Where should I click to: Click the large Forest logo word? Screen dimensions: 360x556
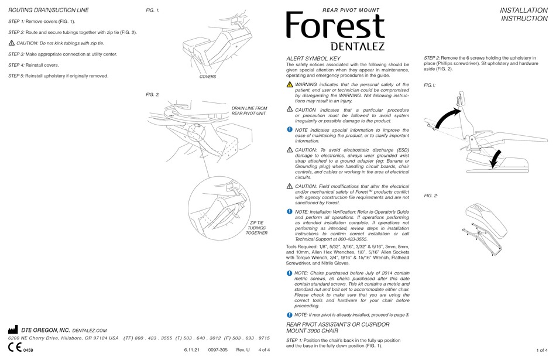(x=335, y=27)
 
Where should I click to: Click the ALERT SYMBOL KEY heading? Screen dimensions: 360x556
(x=312, y=59)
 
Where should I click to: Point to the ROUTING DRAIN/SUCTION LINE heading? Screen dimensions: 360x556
(x=49, y=11)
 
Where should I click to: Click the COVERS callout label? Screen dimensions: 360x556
(x=208, y=77)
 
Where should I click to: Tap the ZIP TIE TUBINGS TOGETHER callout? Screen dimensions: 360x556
(x=257, y=228)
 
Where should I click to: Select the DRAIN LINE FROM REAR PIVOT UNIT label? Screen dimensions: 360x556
(x=249, y=111)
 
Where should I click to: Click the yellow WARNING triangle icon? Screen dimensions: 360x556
(x=290, y=85)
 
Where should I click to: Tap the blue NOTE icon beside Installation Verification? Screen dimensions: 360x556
(x=290, y=211)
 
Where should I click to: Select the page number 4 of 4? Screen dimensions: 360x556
(x=264, y=350)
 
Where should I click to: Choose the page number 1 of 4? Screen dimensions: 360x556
(x=541, y=350)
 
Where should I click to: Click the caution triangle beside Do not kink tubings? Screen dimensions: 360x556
(x=12, y=43)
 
